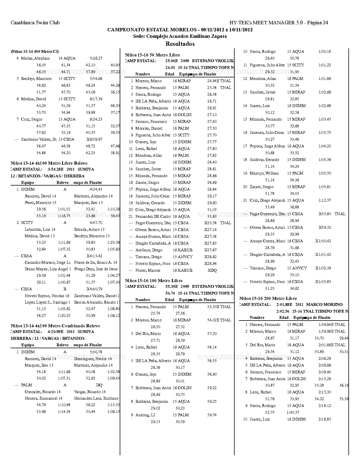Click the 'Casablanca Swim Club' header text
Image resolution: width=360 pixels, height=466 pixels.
click(35, 23)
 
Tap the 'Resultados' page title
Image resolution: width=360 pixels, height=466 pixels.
click(180, 44)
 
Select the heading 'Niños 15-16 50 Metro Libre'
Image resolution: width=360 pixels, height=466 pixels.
click(152, 55)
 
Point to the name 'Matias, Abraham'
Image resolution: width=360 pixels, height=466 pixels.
click(35, 58)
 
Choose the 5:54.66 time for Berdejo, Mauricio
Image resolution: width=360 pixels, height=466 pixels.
click(96, 79)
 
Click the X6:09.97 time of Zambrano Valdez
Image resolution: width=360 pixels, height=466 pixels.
click(94, 139)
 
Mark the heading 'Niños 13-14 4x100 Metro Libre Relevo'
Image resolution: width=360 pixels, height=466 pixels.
click(49, 163)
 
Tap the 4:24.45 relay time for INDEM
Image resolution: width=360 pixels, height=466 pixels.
click(96, 189)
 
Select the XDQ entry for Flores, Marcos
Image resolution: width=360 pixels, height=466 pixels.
click(212, 270)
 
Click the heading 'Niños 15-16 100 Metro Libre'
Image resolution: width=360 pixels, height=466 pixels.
click(154, 280)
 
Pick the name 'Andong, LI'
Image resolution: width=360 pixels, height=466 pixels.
click(145, 415)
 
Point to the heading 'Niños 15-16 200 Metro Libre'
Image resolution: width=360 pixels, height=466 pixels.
click(268, 298)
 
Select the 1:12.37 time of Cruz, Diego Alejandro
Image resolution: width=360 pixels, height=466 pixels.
click(325, 200)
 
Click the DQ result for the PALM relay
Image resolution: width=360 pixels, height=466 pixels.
click(99, 385)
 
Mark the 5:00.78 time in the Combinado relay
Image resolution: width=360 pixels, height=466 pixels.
click(96, 352)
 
